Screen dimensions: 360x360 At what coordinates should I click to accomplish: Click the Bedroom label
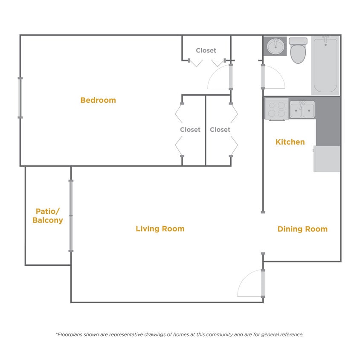click(x=98, y=100)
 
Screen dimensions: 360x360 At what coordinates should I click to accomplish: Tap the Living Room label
click(x=160, y=229)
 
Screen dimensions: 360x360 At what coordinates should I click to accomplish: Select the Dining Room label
click(x=302, y=229)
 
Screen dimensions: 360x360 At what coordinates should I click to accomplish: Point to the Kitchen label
click(x=290, y=142)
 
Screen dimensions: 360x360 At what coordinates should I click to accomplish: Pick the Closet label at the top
click(x=206, y=50)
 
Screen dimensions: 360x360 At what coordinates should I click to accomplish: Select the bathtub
click(x=325, y=65)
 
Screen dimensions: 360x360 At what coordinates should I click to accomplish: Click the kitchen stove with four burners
click(x=276, y=109)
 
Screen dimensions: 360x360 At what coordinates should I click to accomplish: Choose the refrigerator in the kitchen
click(x=327, y=159)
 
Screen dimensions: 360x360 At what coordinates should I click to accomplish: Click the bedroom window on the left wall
click(x=20, y=98)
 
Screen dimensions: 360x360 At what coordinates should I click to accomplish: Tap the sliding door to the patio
click(x=71, y=216)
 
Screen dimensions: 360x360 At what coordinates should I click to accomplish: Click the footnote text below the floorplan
click(x=180, y=335)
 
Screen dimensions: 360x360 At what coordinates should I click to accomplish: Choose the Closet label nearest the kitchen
click(x=220, y=130)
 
